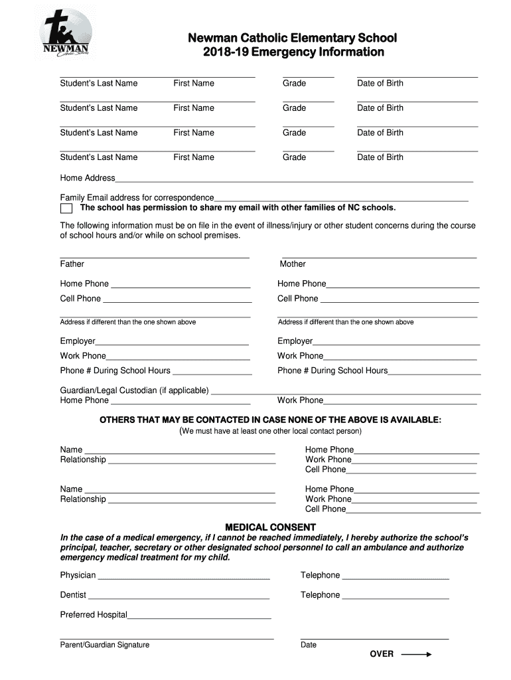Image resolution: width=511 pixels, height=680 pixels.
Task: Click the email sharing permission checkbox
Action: tap(66, 208)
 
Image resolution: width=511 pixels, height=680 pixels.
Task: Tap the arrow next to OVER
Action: tap(416, 654)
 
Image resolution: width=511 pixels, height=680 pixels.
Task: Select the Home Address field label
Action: tap(88, 178)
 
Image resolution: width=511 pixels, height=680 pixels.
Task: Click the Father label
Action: tap(72, 264)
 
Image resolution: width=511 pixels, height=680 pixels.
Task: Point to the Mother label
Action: tap(293, 264)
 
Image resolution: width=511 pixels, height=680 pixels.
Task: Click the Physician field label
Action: tap(78, 575)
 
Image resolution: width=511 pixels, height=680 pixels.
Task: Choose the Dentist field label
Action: tap(73, 595)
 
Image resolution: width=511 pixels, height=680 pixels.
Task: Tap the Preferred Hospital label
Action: tap(94, 615)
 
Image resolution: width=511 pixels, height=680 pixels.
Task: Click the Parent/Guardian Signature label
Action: tap(105, 645)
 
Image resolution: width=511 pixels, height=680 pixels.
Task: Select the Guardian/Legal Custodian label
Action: tap(134, 390)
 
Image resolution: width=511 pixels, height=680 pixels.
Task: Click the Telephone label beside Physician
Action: tap(320, 575)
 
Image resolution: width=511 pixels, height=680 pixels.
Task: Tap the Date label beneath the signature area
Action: tap(309, 645)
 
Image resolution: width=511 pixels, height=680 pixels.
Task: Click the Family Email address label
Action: tap(137, 198)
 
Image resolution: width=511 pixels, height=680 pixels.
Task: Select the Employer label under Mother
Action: tap(295, 341)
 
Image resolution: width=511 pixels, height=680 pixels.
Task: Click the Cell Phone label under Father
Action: tap(80, 299)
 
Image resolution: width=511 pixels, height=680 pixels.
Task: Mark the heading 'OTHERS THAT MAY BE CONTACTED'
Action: tap(270, 420)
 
